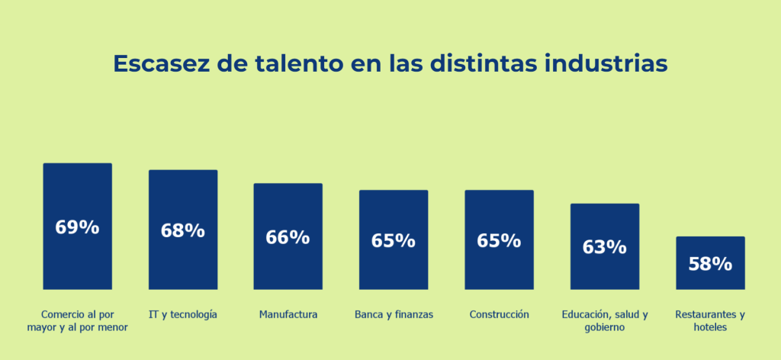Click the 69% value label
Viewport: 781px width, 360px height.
(x=77, y=227)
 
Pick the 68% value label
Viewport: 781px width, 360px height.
(x=182, y=230)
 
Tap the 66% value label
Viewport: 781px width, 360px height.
(x=288, y=237)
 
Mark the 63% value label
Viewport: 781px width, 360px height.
(x=604, y=247)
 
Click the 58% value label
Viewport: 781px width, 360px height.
(x=710, y=264)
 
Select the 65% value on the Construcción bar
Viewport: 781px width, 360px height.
(x=499, y=241)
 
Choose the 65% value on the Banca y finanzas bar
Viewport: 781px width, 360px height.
(x=394, y=241)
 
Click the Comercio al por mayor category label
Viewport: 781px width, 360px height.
(x=85, y=320)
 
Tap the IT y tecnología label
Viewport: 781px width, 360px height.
(x=183, y=314)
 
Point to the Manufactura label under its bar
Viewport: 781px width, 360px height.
(x=288, y=314)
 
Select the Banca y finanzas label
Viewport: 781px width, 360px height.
(x=394, y=314)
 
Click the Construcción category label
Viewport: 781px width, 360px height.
(x=499, y=314)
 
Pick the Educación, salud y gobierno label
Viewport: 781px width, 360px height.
(x=605, y=320)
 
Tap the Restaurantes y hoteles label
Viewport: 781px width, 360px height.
(x=710, y=320)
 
